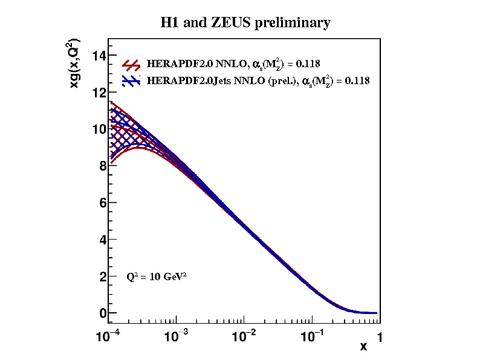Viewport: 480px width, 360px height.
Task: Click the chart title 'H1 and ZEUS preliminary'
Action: (x=245, y=23)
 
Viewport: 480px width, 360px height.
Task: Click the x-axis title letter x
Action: (x=363, y=346)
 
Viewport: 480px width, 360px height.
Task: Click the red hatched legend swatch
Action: (x=132, y=65)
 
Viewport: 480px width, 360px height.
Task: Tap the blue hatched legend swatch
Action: (x=132, y=80)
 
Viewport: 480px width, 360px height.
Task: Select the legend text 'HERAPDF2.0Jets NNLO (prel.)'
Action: (x=222, y=80)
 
